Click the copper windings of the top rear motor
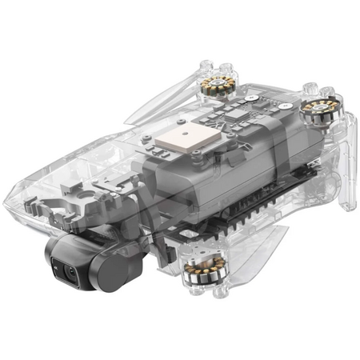pyautogui.click(x=220, y=84)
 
